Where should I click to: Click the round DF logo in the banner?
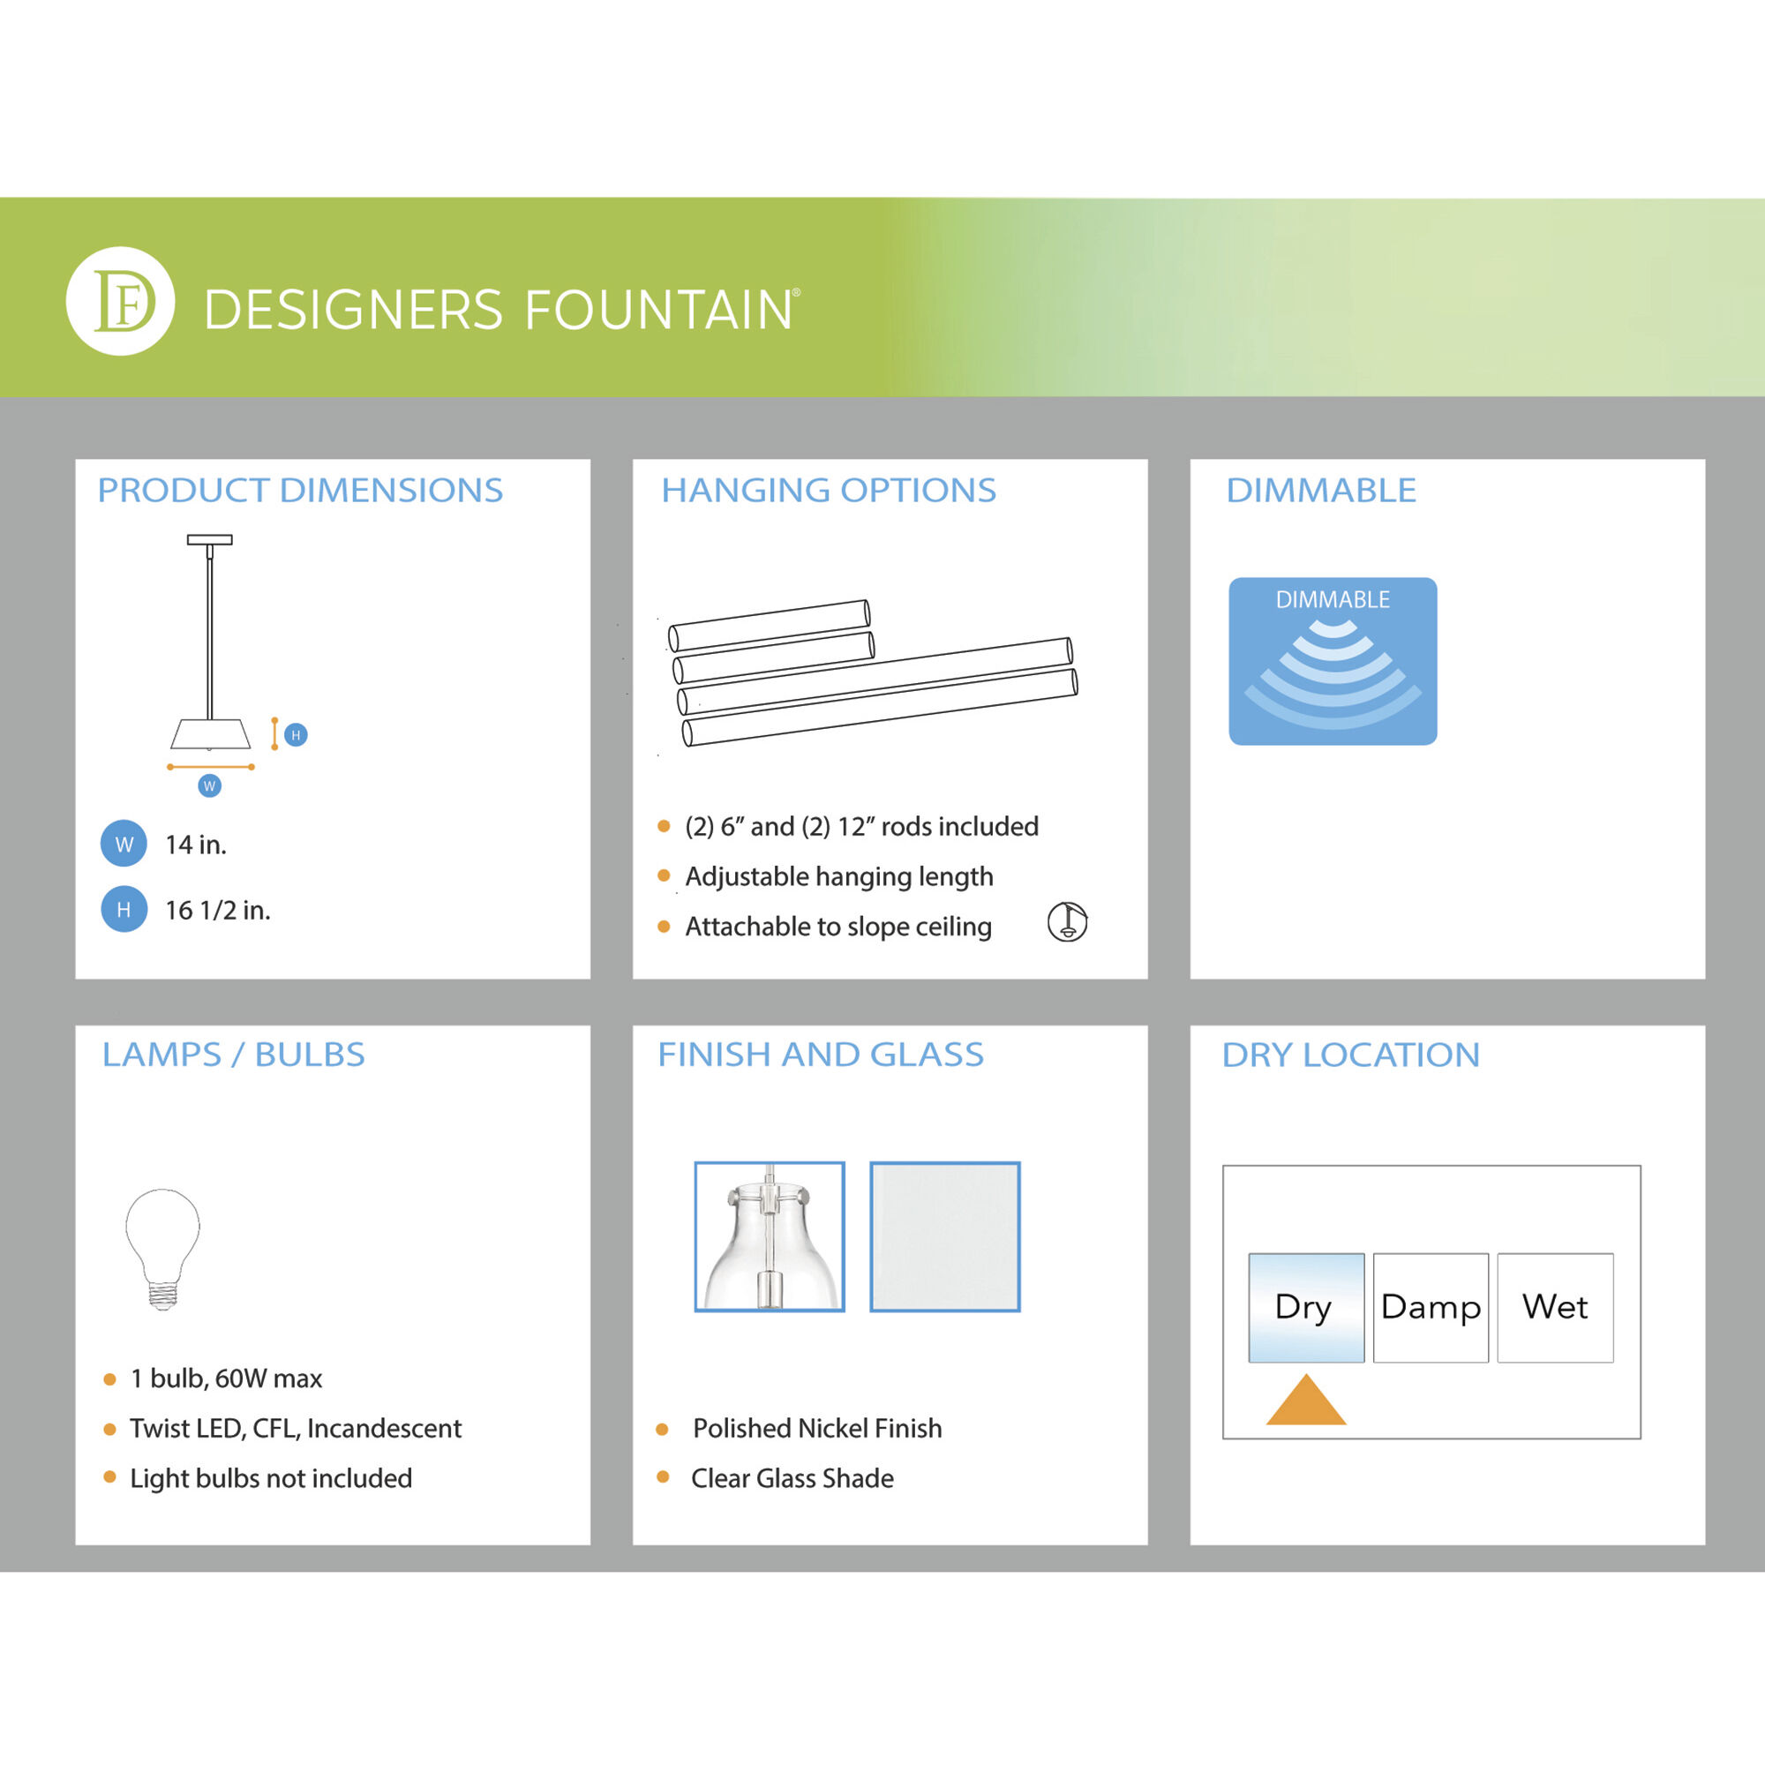(120, 301)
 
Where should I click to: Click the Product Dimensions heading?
(300, 491)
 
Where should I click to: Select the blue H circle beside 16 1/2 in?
(124, 909)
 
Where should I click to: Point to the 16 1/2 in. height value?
(217, 910)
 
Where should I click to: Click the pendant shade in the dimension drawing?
(210, 732)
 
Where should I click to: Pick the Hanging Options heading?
(828, 491)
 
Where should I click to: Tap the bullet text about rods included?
(861, 826)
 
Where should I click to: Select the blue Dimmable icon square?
(1332, 660)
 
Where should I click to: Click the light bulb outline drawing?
(162, 1248)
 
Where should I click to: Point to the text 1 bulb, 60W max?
(226, 1378)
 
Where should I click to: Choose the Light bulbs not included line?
(270, 1477)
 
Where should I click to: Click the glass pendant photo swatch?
(770, 1236)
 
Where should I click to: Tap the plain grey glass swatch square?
(944, 1236)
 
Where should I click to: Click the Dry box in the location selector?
(1305, 1307)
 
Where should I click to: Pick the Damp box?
(1430, 1307)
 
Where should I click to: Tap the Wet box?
(1554, 1307)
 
